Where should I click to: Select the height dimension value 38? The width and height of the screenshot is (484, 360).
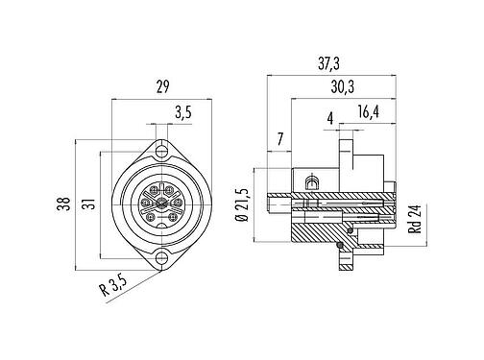[x=62, y=204]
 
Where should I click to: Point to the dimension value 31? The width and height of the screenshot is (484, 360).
[x=88, y=204]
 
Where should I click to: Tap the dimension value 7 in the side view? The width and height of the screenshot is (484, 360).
[x=278, y=141]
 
